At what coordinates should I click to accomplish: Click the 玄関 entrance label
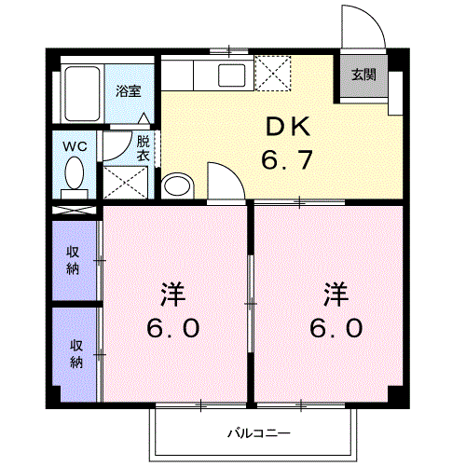[363, 75]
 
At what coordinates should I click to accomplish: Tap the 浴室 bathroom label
[129, 91]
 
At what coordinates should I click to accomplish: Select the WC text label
[75, 146]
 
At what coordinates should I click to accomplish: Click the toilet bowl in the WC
[75, 172]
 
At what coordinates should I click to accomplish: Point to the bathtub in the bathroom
[82, 93]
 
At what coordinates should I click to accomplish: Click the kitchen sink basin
[231, 75]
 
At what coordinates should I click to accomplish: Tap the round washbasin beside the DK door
[177, 186]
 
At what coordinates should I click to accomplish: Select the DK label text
[288, 127]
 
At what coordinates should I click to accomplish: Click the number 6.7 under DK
[287, 159]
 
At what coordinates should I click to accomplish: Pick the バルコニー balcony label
[259, 432]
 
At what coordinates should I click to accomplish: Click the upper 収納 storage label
[74, 260]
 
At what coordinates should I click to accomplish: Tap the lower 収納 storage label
[76, 354]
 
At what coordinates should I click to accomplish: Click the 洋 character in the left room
[173, 295]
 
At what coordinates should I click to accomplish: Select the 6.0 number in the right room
[336, 328]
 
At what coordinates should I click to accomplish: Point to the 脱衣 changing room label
[144, 148]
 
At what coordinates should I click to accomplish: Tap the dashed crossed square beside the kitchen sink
[273, 74]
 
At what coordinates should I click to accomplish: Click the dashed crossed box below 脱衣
[125, 183]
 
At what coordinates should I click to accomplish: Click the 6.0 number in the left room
[173, 328]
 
